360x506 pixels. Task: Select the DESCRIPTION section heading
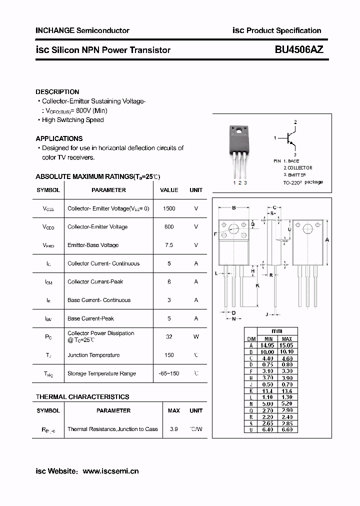pos(57,92)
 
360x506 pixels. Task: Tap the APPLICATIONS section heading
pos(59,138)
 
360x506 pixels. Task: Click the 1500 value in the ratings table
pos(169,208)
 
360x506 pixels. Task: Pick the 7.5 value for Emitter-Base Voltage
pos(169,245)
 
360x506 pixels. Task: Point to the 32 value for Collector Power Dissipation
pos(169,336)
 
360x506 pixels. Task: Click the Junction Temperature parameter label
pos(93,355)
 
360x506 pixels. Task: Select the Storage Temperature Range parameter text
pos(101,373)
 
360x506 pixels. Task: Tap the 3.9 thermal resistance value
pos(173,429)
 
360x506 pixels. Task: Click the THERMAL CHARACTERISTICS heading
pos(82,397)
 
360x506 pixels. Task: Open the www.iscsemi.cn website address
pos(110,471)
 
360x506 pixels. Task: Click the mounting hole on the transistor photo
pos(239,132)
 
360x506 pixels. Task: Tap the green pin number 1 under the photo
pos(234,183)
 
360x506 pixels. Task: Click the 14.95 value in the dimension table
pos(266,345)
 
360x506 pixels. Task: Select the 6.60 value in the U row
pos(287,429)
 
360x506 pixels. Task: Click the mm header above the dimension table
pos(277,331)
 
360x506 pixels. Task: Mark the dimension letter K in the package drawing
pos(257,285)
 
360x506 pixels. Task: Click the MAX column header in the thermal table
pos(173,410)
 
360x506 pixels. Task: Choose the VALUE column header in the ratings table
pos(169,190)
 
